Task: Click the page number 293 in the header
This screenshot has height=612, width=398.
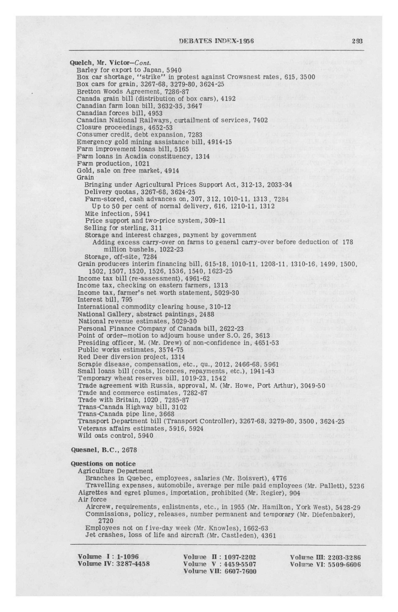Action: [x=357, y=41]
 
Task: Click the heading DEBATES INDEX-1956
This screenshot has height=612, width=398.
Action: [x=216, y=41]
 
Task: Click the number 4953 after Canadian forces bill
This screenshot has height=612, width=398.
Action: [x=155, y=113]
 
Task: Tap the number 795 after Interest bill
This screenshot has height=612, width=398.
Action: [x=127, y=299]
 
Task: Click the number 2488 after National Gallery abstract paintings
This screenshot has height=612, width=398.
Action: [x=206, y=314]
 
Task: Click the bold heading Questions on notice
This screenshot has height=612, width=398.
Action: [x=103, y=464]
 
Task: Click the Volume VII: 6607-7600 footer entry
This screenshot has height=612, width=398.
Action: [x=220, y=571]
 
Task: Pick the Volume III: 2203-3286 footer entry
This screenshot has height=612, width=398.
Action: [x=325, y=557]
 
